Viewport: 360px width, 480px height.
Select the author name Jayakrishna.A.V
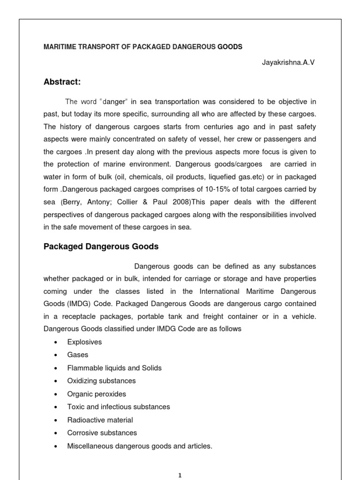pyautogui.click(x=289, y=62)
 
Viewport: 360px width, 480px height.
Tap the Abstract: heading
pyautogui.click(x=62, y=82)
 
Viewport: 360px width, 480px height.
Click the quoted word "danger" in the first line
pyautogui.click(x=107, y=101)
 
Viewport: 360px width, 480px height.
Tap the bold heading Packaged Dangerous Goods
pyautogui.click(x=101, y=246)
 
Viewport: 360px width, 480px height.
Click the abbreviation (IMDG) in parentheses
pyautogui.click(x=74, y=304)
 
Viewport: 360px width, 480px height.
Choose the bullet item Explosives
pyautogui.click(x=84, y=342)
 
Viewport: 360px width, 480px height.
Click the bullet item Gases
pyautogui.click(x=77, y=355)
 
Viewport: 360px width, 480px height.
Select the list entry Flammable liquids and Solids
pyautogui.click(x=114, y=368)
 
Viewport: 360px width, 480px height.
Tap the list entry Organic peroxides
pyautogui.click(x=97, y=394)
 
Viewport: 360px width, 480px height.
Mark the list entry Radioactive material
pyautogui.click(x=100, y=420)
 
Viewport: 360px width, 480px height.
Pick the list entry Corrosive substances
pyautogui.click(x=102, y=433)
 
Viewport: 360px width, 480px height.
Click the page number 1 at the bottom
pyautogui.click(x=180, y=475)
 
